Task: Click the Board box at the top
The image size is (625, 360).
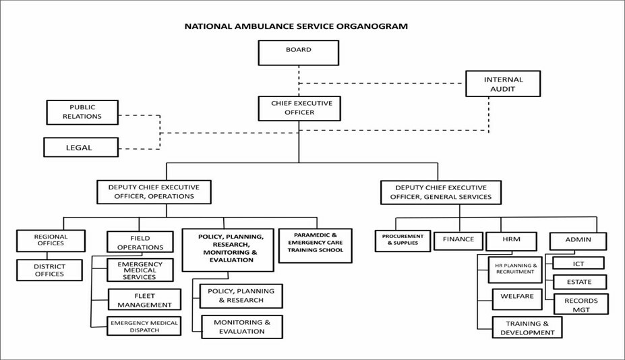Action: [298, 53]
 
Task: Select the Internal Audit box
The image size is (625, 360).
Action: [502, 84]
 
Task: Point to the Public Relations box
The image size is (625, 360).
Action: [82, 112]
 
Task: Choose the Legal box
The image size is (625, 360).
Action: [80, 147]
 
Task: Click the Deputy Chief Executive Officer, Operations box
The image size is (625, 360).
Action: [154, 191]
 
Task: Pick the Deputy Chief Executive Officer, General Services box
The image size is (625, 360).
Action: [440, 192]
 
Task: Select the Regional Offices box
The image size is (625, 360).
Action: [51, 241]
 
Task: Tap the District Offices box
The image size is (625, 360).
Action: [50, 270]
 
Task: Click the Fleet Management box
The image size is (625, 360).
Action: [144, 299]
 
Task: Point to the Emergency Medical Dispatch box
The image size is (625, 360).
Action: [144, 326]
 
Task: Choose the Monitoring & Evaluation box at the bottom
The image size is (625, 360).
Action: [241, 327]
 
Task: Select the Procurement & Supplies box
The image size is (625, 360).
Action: [402, 241]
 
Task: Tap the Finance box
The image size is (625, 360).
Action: [458, 240]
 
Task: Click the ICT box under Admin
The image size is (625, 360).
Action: [578, 263]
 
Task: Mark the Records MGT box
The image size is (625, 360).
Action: [581, 304]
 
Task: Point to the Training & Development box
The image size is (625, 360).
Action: [527, 327]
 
